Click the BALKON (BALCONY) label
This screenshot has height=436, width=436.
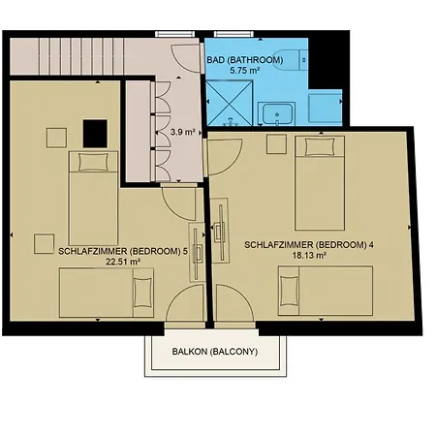215,352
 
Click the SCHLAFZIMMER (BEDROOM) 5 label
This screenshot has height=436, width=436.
109,251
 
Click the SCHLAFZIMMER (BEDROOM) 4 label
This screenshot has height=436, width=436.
309,245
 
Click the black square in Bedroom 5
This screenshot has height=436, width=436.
95,130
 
